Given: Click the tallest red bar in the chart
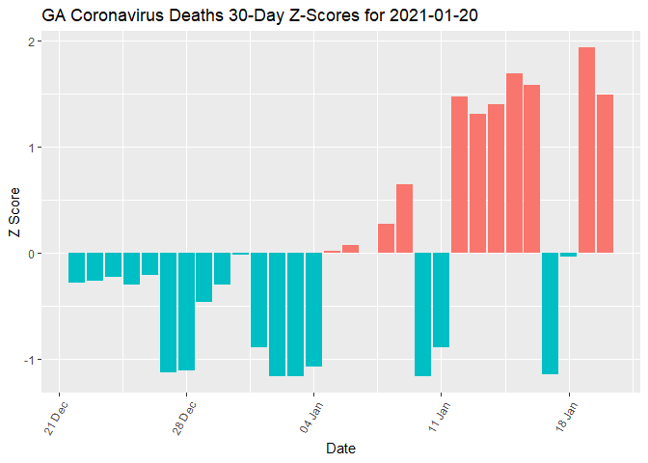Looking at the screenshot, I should pyautogui.click(x=586, y=150).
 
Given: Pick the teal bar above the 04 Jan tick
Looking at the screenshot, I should pyautogui.click(x=313, y=310).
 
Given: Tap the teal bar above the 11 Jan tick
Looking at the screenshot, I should pyautogui.click(x=441, y=300).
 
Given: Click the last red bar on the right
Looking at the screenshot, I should pyautogui.click(x=605, y=174).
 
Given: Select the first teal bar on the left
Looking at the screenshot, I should pyautogui.click(x=76, y=267).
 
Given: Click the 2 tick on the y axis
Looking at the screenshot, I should pyautogui.click(x=33, y=41).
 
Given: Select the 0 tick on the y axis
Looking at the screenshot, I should pyautogui.click(x=33, y=254).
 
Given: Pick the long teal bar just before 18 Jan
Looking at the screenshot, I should pyautogui.click(x=550, y=313).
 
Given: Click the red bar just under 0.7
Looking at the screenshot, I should pyautogui.click(x=404, y=219).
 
